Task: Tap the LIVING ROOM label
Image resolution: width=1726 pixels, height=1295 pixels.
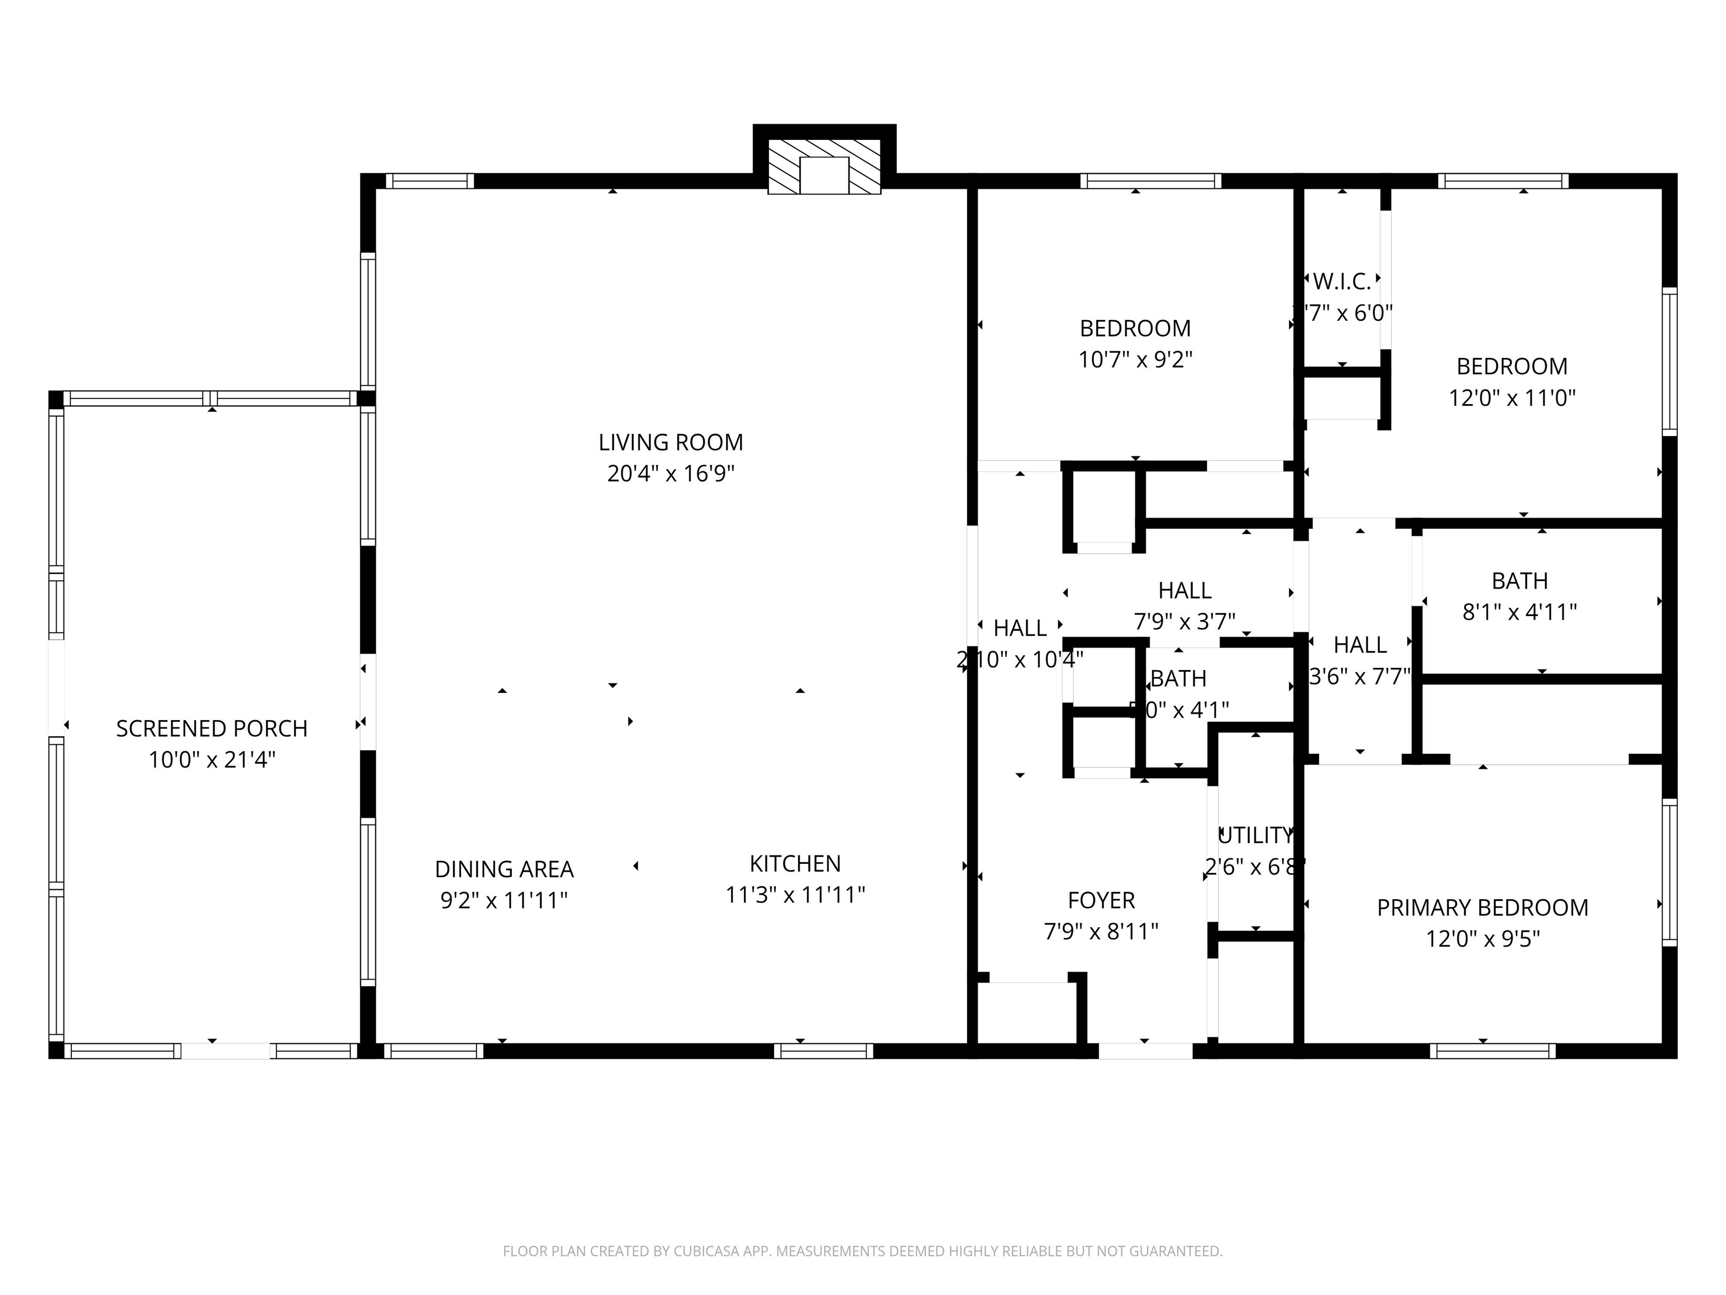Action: [670, 442]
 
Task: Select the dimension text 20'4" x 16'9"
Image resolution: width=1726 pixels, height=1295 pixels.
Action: [670, 474]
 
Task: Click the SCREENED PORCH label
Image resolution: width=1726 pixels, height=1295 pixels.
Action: [211, 728]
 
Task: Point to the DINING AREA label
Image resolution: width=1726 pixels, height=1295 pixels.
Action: [504, 869]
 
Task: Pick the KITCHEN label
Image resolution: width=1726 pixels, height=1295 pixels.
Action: [795, 863]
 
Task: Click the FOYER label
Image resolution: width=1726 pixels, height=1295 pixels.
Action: [1101, 900]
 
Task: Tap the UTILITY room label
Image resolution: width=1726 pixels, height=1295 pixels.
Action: [1255, 835]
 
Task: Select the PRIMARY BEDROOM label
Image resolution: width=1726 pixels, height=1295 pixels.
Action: [1483, 908]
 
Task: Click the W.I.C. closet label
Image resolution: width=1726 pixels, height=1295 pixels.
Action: [1342, 281]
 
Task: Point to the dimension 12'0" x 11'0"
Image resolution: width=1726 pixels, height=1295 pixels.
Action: [1512, 398]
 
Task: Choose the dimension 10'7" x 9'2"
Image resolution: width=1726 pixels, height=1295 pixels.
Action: [1135, 360]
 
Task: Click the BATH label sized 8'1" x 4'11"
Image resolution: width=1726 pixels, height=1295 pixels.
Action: [1519, 581]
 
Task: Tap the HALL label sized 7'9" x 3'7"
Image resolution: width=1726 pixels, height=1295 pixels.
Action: [1184, 590]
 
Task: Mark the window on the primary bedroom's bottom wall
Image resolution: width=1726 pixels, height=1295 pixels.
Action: [1493, 1051]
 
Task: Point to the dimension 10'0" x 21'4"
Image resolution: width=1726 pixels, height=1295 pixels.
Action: [211, 759]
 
